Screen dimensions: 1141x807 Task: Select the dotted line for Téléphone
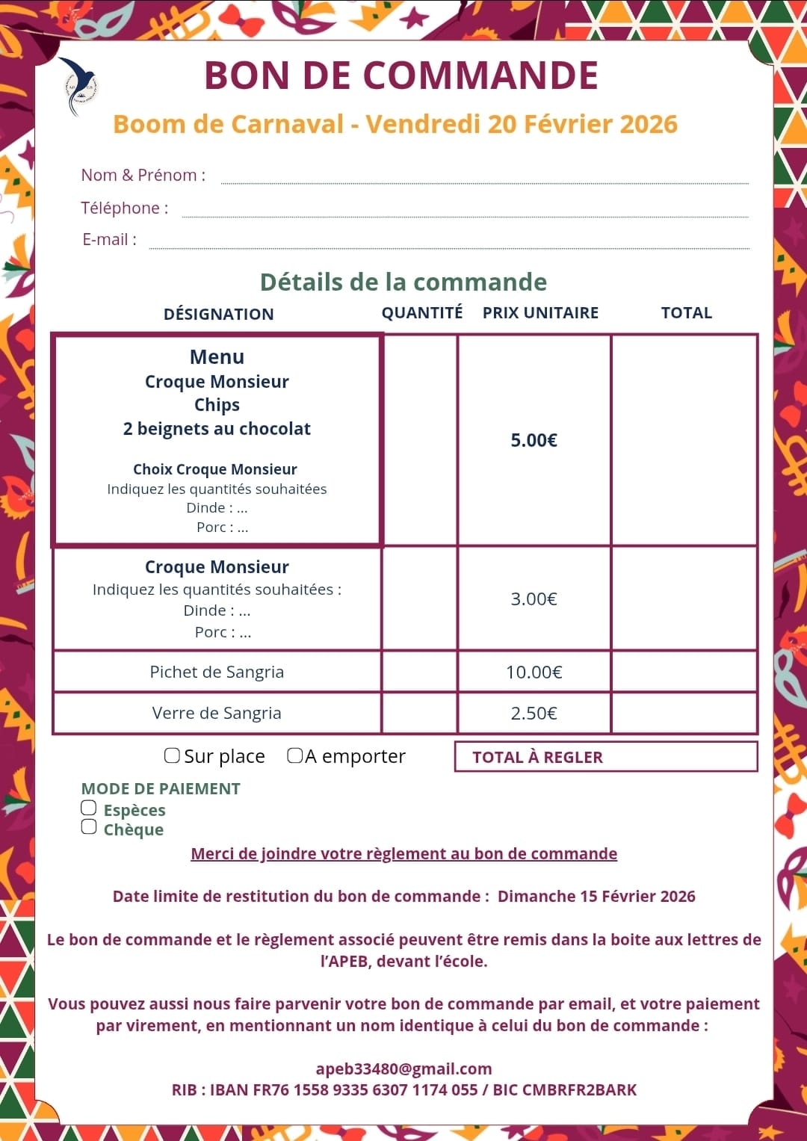click(x=465, y=216)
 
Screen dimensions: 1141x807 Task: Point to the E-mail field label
click(x=109, y=240)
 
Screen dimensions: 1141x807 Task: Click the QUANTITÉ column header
click(x=422, y=312)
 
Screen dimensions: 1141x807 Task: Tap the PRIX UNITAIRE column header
click(x=540, y=312)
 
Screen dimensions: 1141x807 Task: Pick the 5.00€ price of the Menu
click(x=534, y=440)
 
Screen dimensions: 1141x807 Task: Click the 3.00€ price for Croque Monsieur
click(x=534, y=599)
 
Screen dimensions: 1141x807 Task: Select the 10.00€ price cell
click(x=534, y=672)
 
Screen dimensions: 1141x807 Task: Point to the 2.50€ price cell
click(x=534, y=713)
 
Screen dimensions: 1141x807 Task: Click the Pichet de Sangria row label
click(x=217, y=672)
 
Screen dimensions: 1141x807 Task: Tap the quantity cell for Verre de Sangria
click(x=419, y=713)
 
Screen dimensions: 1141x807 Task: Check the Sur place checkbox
click(x=172, y=755)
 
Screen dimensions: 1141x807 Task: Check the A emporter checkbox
click(x=295, y=755)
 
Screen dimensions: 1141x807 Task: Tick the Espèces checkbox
click(x=89, y=808)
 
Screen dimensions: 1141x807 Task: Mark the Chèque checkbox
click(x=89, y=826)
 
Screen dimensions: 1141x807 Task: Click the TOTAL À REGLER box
click(x=605, y=756)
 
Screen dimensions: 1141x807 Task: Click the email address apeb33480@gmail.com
click(x=403, y=1069)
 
